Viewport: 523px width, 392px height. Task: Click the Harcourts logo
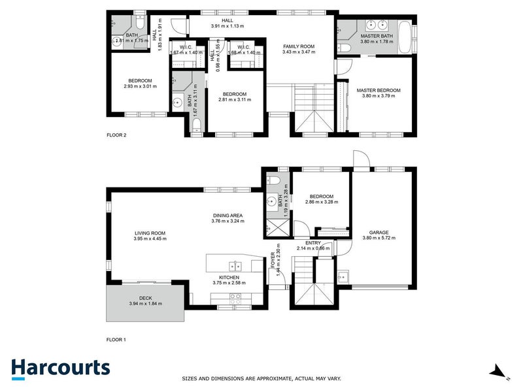[x=60, y=367]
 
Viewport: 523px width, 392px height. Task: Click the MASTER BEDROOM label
[x=378, y=90]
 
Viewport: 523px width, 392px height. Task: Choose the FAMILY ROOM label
[x=299, y=46]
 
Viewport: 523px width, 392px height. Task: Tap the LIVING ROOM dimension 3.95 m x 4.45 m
[x=150, y=238]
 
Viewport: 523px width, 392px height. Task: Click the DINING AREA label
[x=228, y=215]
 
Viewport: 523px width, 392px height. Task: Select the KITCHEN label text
[x=228, y=277]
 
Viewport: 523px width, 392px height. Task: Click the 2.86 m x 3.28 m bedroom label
[x=321, y=197]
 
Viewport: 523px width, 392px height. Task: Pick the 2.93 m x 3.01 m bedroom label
[x=140, y=81]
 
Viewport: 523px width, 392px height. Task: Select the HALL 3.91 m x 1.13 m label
[x=227, y=20]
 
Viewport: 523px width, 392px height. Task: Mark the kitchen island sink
[x=235, y=266]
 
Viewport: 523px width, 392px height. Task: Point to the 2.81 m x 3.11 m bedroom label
[x=234, y=93]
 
